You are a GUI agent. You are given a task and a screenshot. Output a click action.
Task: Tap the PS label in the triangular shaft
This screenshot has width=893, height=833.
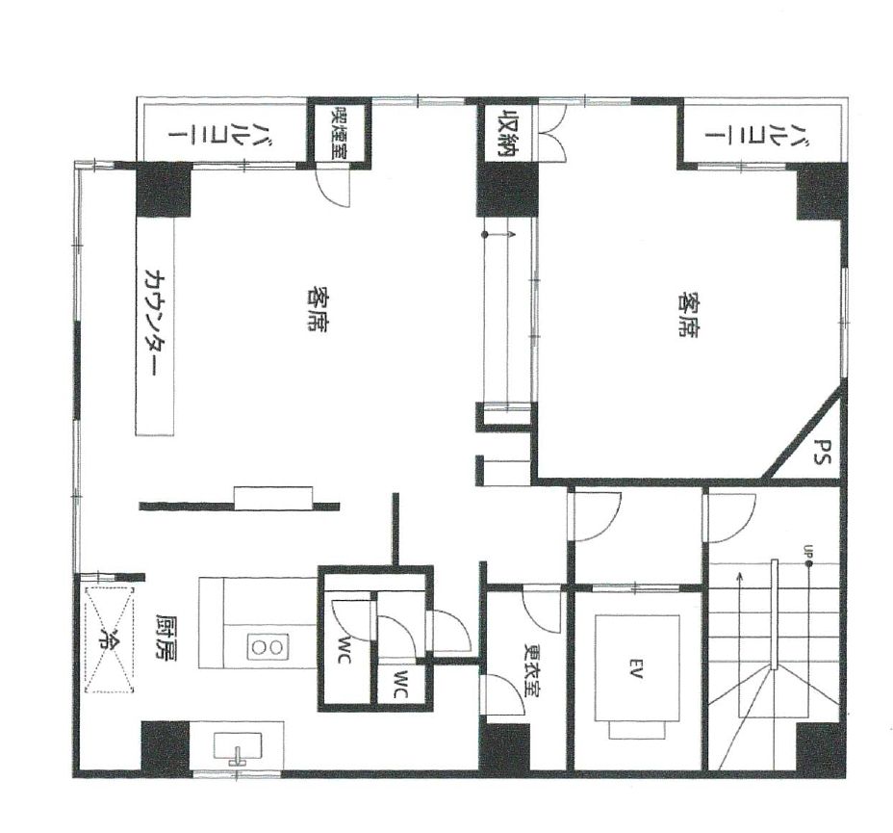(820, 452)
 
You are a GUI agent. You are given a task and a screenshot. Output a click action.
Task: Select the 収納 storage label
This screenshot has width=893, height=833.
(507, 133)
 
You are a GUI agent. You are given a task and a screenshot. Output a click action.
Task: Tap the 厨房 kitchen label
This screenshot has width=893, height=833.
(166, 638)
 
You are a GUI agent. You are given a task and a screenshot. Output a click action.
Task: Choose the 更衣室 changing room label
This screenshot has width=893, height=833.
(532, 671)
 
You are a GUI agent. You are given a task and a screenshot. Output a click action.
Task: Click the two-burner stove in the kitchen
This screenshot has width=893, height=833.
(268, 647)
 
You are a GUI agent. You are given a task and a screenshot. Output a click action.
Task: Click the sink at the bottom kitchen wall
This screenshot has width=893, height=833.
(238, 747)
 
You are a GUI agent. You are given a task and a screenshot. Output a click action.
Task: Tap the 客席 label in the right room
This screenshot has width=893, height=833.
(690, 314)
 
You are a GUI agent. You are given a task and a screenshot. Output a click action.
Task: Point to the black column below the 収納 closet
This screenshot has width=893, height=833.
(507, 190)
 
